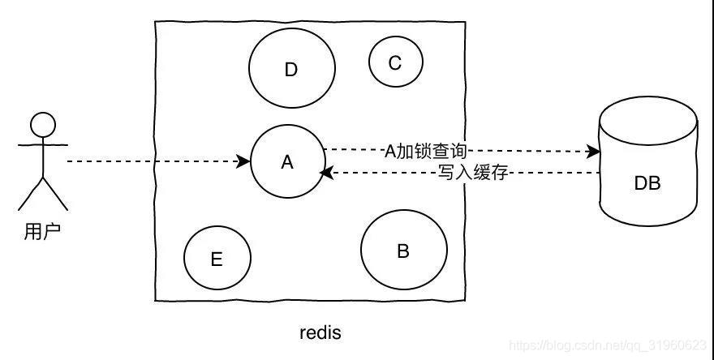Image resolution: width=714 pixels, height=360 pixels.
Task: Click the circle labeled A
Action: (286, 162)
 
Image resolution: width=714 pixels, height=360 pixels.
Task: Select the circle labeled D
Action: (291, 70)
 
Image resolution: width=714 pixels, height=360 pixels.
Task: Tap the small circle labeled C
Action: (395, 62)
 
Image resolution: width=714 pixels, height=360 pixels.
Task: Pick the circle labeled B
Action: (403, 251)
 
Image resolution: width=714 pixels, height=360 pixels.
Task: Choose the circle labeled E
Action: (217, 259)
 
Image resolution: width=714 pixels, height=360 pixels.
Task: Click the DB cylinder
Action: (647, 174)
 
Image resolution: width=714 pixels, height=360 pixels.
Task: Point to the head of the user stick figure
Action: (43, 124)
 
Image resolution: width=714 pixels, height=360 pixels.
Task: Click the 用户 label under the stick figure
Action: (43, 233)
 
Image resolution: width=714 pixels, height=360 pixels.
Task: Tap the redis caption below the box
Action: (320, 332)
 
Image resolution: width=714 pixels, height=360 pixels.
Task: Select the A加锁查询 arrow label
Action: (426, 150)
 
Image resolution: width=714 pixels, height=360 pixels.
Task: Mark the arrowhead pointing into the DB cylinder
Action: (594, 151)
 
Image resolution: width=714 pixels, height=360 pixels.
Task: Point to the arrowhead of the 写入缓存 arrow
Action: (325, 173)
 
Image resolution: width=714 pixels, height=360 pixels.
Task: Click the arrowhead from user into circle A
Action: (245, 161)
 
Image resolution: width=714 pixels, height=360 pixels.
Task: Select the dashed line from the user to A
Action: (154, 161)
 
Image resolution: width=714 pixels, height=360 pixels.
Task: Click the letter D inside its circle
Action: (291, 70)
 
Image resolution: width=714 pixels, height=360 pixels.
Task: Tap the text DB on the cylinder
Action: (647, 183)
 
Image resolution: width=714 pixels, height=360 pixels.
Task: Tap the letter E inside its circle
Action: (217, 259)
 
